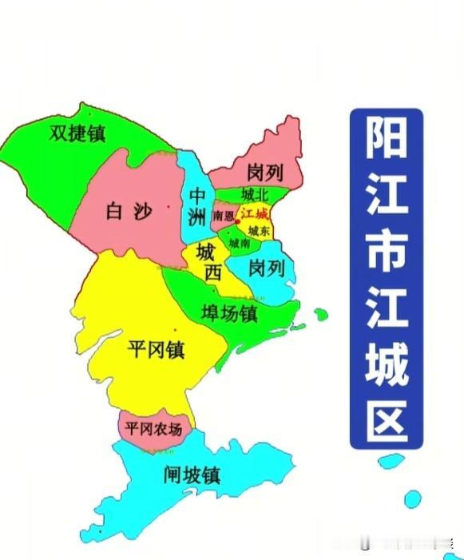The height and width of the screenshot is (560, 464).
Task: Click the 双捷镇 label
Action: click(77, 132)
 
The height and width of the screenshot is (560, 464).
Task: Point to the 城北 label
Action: click(256, 195)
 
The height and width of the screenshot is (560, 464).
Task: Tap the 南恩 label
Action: click(224, 216)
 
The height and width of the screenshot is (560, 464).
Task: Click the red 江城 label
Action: click(255, 214)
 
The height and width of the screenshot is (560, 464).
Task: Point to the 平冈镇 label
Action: click(157, 348)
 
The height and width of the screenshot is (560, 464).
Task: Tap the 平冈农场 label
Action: click(154, 429)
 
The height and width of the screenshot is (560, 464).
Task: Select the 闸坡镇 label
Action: click(191, 476)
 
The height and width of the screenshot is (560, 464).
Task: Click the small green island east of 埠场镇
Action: click(320, 314)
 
